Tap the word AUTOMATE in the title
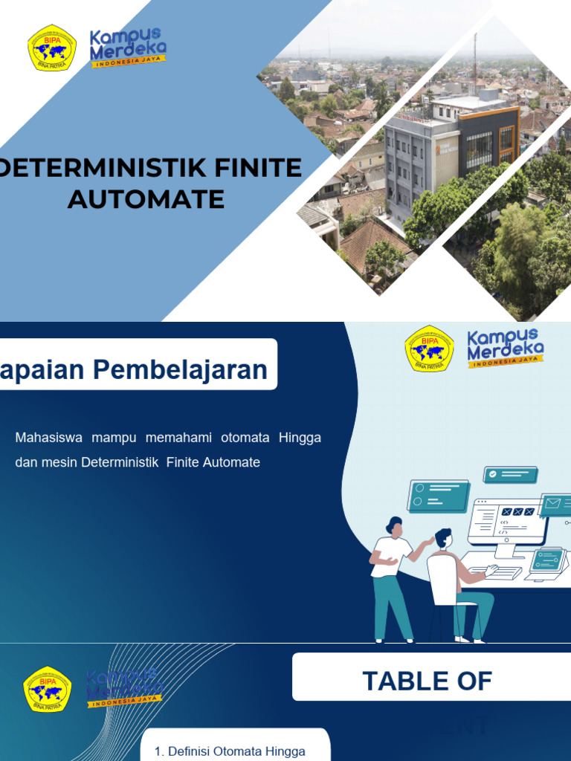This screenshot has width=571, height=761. pyautogui.click(x=146, y=198)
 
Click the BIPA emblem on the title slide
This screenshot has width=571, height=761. pyautogui.click(x=52, y=48)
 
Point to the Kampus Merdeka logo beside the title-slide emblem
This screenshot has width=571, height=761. pyautogui.click(x=127, y=48)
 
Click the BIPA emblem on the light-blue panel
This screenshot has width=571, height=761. pyautogui.click(x=429, y=349)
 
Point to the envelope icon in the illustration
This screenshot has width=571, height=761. pyautogui.click(x=553, y=505)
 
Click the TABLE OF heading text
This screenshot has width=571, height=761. pyautogui.click(x=427, y=680)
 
